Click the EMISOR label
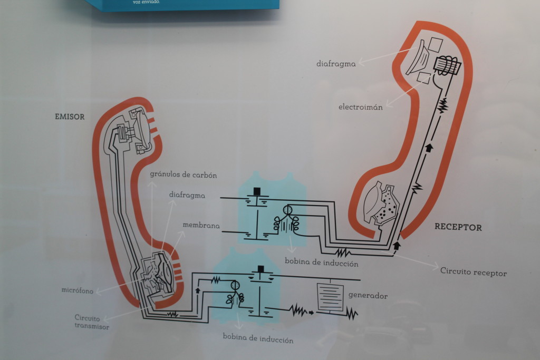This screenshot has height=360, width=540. click(70, 116)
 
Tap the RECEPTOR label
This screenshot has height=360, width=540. click(458, 227)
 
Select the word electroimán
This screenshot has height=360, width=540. click(360, 107)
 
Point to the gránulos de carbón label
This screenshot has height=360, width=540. click(183, 174)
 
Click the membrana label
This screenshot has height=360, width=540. click(200, 226)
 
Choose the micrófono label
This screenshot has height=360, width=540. click(77, 290)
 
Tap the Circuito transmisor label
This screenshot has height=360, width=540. click(92, 322)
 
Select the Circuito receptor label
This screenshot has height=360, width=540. click(473, 273)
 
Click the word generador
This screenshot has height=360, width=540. click(368, 296)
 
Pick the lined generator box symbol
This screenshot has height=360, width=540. click(330, 297)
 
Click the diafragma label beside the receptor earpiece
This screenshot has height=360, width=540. click(336, 64)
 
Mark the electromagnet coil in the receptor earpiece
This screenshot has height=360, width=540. click(446, 65)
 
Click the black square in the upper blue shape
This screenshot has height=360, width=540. click(257, 190)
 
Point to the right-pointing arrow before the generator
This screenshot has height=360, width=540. click(311, 313)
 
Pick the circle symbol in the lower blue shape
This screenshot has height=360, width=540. click(235, 286)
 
